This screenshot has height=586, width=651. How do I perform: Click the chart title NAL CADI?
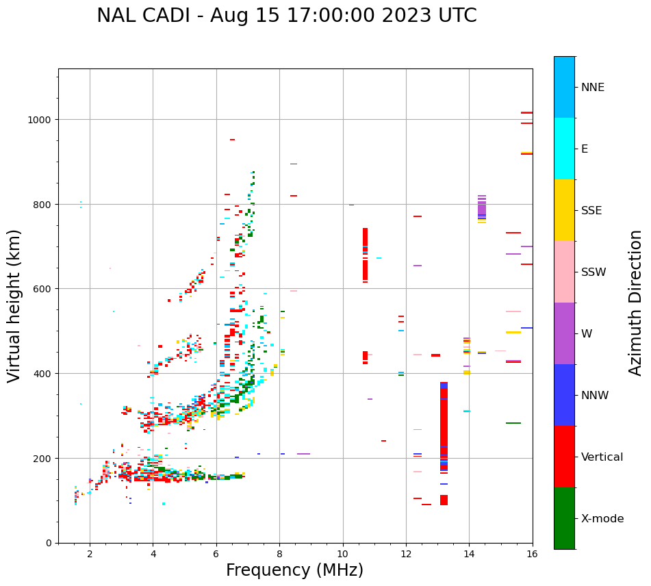pyautogui.click(x=286, y=16)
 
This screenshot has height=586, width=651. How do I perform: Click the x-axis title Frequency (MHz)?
pyautogui.click(x=294, y=570)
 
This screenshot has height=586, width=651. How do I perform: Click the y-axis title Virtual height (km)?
pyautogui.click(x=14, y=305)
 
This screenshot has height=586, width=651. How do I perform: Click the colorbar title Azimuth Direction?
pyautogui.click(x=636, y=303)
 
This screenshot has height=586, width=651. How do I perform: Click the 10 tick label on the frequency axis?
pyautogui.click(x=342, y=555)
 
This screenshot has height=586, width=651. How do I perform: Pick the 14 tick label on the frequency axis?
pyautogui.click(x=469, y=555)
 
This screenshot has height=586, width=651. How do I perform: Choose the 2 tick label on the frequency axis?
pyautogui.click(x=90, y=555)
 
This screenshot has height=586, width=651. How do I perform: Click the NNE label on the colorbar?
pyautogui.click(x=593, y=88)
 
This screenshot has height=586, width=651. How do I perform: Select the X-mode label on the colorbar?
pyautogui.click(x=602, y=519)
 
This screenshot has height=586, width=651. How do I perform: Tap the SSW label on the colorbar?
pyautogui.click(x=593, y=272)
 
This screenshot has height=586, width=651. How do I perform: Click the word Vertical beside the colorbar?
pyautogui.click(x=602, y=457)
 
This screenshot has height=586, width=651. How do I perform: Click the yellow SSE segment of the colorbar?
pyautogui.click(x=564, y=210)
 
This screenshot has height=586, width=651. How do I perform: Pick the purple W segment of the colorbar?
pyautogui.click(x=564, y=333)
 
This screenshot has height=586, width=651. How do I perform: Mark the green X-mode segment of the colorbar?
pyautogui.click(x=564, y=518)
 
